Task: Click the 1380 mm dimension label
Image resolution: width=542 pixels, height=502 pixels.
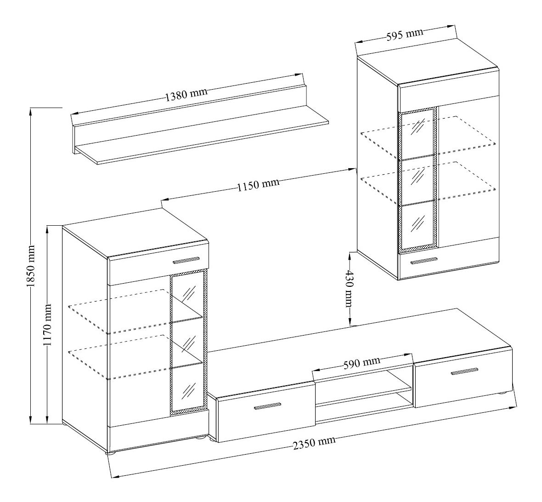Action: [186, 94]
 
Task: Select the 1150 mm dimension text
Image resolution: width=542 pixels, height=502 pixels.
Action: [258, 185]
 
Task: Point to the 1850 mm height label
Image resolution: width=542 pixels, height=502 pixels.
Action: [31, 266]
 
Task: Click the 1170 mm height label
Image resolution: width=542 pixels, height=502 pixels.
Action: [47, 325]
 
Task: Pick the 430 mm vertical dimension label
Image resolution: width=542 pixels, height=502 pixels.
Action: [349, 289]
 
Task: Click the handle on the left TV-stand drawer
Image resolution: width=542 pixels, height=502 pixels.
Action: [267, 406]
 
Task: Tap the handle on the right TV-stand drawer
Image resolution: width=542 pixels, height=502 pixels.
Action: [465, 371]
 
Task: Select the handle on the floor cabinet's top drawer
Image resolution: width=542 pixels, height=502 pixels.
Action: [186, 260]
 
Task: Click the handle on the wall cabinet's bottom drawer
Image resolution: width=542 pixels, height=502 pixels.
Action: [424, 261]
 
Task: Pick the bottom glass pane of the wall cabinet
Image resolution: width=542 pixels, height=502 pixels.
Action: [418, 223]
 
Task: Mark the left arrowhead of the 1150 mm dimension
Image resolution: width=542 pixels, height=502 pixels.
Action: [165, 199]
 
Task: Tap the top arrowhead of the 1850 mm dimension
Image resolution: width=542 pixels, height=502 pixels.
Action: [31, 111]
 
